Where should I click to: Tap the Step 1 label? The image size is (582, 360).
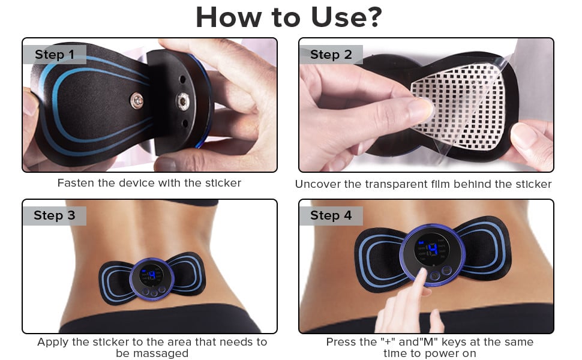coord(55,55)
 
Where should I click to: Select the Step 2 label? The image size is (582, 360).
coord(331,55)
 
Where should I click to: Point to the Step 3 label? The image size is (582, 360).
coord(55,215)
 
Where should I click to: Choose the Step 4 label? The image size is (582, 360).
coord(331,215)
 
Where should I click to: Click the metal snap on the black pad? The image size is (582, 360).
coord(137,101)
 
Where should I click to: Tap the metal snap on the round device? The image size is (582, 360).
coord(182,101)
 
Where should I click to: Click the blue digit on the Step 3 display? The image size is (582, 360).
coord(152,275)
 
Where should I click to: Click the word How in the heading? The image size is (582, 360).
coord(229,17)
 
